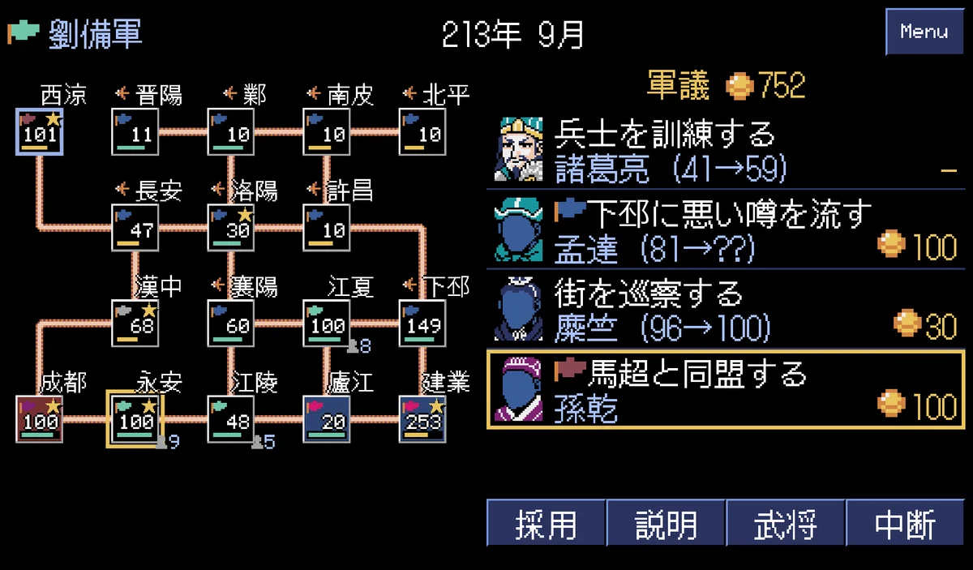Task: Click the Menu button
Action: coord(924,32)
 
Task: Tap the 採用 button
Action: coord(546,523)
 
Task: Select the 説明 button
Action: coord(666,523)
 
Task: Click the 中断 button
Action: coord(905,523)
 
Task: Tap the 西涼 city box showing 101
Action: coord(40,131)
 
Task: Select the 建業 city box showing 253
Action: coord(422,419)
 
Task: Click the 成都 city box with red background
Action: coord(40,419)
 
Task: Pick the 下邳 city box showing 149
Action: coord(422,324)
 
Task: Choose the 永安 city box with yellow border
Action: coord(135,419)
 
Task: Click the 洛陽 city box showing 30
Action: coord(230,228)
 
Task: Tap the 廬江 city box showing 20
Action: coord(326,419)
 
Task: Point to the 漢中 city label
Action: coord(158,287)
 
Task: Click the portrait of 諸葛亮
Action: coord(519,149)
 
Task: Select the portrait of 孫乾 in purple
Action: coord(519,389)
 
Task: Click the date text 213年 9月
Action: coord(512,34)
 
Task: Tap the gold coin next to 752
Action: coord(739,86)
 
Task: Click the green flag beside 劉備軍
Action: coord(24,32)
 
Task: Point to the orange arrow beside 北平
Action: coord(409,92)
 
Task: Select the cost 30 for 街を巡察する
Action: coord(941,326)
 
